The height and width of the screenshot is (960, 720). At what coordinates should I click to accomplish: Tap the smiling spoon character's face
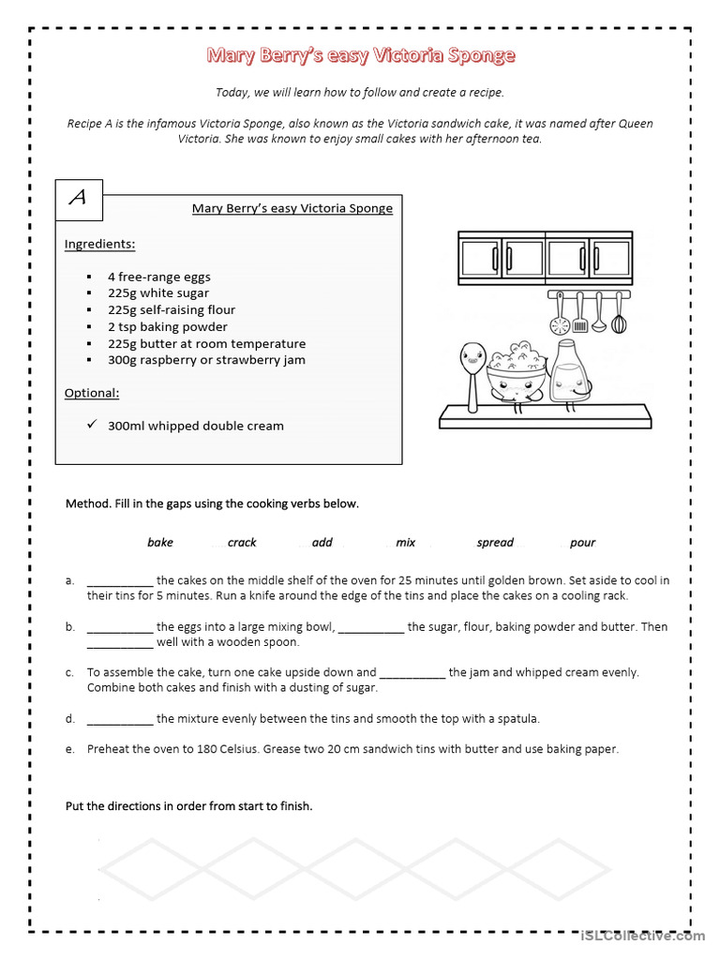coord(471,358)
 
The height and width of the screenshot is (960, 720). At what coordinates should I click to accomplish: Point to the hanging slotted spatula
coord(580,314)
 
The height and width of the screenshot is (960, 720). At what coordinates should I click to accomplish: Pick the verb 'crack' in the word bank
coord(242,543)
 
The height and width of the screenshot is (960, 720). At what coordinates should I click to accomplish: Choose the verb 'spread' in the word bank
coord(495,543)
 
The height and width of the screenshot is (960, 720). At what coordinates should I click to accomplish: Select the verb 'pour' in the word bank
coord(582,543)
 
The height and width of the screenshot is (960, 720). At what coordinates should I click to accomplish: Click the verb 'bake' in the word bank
coord(160,543)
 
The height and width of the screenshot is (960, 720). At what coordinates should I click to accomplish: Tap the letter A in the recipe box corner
coord(79,198)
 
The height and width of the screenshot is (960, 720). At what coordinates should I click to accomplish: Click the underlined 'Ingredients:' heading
coord(99,245)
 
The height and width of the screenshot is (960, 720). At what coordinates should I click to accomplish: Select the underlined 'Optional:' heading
coord(92,393)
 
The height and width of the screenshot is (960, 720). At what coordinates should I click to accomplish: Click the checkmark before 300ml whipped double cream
coord(92,425)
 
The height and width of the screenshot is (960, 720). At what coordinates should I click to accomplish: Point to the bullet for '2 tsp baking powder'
coord(88,327)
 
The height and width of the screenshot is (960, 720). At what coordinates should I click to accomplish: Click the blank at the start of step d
coord(120,719)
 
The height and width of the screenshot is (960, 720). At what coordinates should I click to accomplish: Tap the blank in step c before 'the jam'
coord(412,672)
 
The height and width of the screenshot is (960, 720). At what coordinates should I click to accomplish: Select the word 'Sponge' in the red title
coord(482,55)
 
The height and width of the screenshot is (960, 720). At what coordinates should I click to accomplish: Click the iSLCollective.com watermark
coord(642,936)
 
